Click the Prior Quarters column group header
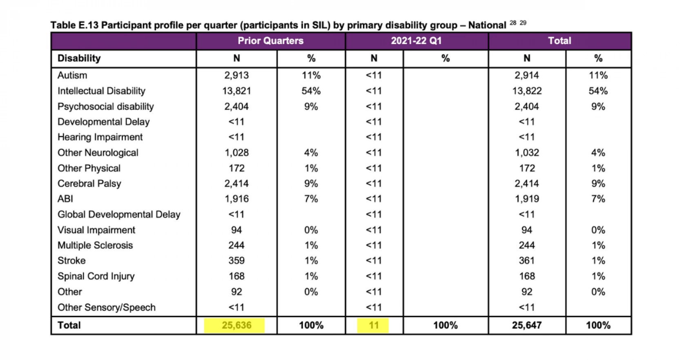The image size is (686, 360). [270, 41]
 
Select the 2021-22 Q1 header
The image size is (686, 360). [416, 41]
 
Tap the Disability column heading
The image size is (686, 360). [79, 58]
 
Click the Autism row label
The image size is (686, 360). [72, 75]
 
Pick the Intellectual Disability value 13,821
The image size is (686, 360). [236, 91]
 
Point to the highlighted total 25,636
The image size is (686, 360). [236, 325]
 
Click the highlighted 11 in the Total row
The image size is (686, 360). [374, 325]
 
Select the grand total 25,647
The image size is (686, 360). [527, 325]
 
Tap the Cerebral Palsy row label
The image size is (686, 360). [89, 184]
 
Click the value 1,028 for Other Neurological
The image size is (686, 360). [236, 153]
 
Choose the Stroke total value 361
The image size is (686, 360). [527, 260]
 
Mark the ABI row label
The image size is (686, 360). [65, 199]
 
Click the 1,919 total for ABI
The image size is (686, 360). [527, 199]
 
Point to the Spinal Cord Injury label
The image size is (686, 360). [96, 276]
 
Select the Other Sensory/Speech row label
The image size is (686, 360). [107, 307]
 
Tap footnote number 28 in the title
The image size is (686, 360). [513, 23]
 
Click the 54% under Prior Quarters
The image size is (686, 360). [311, 91]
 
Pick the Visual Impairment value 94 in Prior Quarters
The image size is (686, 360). [236, 230]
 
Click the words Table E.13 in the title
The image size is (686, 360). [74, 25]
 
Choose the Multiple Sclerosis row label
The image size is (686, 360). [95, 245]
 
